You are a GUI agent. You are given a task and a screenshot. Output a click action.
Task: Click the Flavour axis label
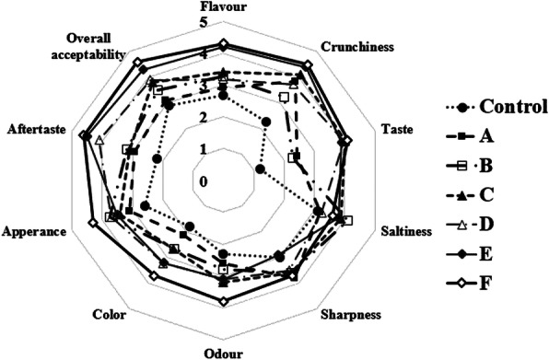point(222,8)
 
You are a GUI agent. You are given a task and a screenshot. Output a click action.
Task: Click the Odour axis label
point(223,353)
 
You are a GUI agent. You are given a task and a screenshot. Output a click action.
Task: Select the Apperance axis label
point(35,229)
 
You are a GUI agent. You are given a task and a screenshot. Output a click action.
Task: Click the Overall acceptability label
point(97,45)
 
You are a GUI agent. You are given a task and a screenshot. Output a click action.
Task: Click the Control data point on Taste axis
point(260,168)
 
